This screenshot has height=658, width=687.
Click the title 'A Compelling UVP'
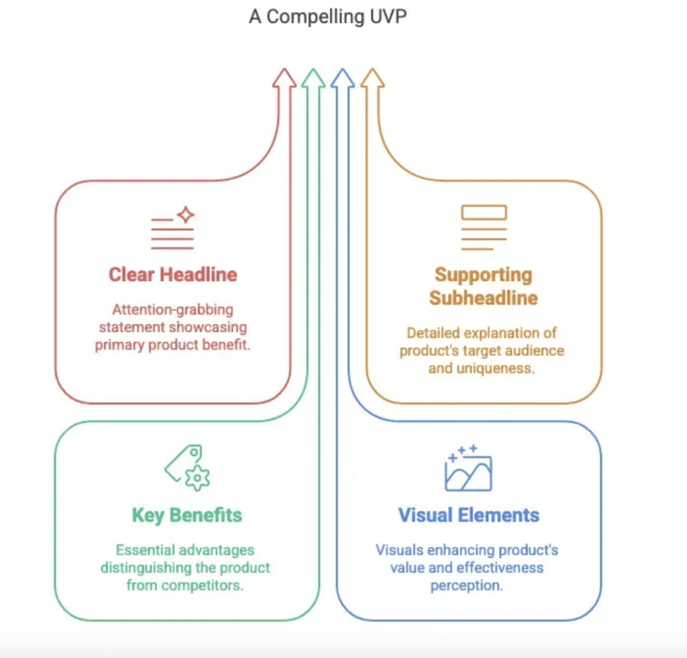click(x=327, y=17)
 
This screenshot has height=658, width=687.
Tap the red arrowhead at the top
click(x=284, y=78)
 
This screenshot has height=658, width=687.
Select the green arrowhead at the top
click(x=313, y=78)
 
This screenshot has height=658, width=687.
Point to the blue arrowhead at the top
click(x=342, y=78)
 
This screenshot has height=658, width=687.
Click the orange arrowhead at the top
click(x=372, y=78)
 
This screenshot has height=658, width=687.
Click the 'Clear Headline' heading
click(x=172, y=274)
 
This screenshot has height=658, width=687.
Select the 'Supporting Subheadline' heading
click(x=483, y=286)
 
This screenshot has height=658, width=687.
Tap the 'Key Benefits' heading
click(x=187, y=515)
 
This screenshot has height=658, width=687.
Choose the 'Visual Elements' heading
click(x=468, y=515)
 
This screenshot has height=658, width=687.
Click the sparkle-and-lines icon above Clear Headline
click(x=173, y=229)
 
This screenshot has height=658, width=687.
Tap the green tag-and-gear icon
click(x=187, y=468)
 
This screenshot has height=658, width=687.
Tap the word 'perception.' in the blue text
click(x=468, y=585)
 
